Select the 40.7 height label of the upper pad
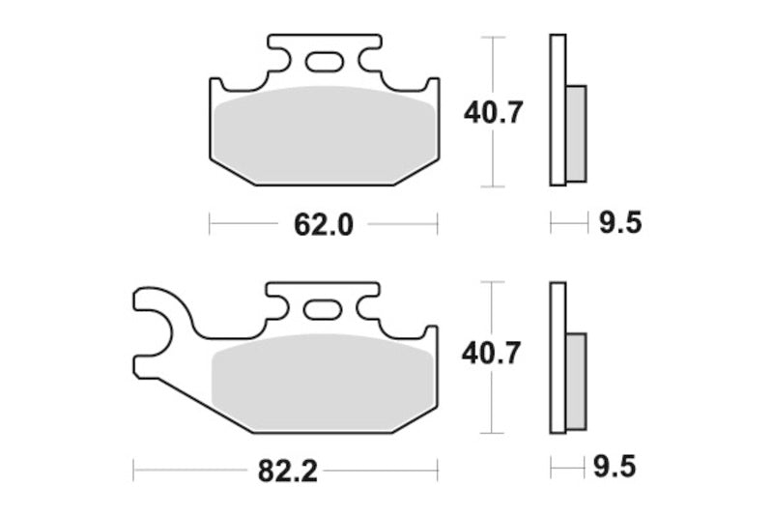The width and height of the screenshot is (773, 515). pos(493,113)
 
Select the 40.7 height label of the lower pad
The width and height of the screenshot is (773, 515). pos(493,355)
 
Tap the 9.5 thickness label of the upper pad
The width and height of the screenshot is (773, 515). pos(619,224)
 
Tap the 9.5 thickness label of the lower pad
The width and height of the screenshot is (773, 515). pos(619,472)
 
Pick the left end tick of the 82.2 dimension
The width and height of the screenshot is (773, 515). pos(133,472)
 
